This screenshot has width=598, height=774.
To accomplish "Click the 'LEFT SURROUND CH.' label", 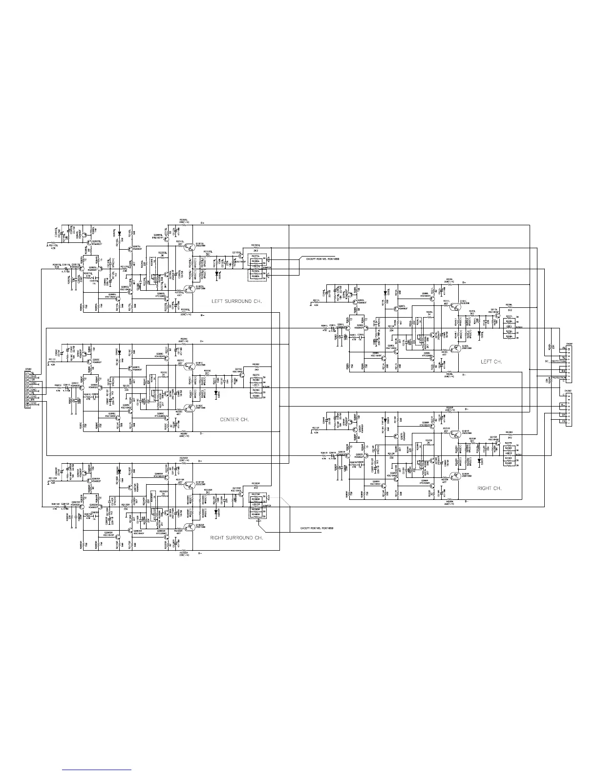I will pyautogui.click(x=236, y=301).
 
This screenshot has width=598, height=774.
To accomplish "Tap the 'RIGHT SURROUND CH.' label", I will pyautogui.click(x=236, y=537).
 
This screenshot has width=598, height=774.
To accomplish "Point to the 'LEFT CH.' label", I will pyautogui.click(x=491, y=362).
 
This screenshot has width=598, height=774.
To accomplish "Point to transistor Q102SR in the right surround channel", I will pyautogui.click(x=190, y=526).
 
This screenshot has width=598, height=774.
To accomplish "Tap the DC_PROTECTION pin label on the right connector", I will pyautogui.click(x=556, y=362).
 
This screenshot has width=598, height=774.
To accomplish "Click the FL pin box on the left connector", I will pyautogui.click(x=33, y=392).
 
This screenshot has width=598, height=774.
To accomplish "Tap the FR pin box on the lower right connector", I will pyautogui.click(x=563, y=421).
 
